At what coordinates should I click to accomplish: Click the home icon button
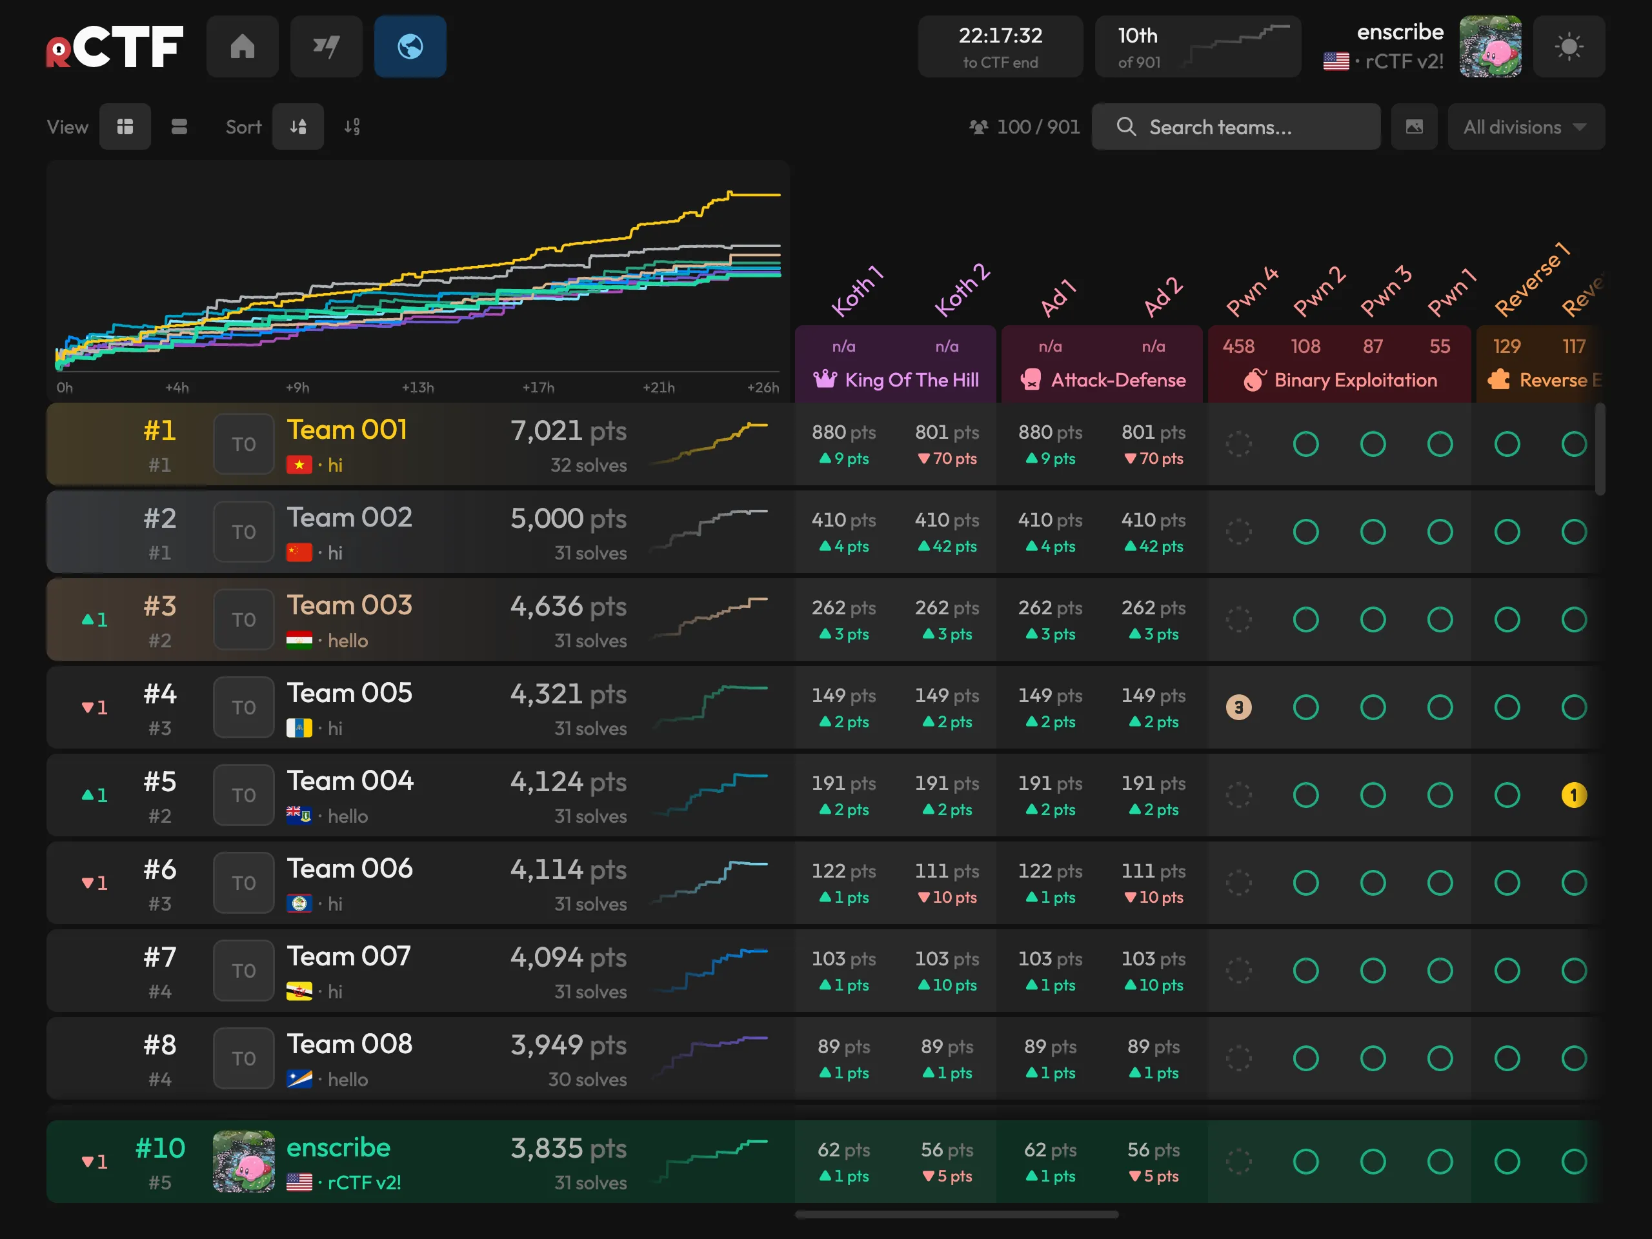(x=242, y=46)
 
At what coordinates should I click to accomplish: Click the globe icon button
(x=410, y=46)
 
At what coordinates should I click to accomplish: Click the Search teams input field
(x=1236, y=127)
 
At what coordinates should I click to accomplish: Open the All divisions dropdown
(x=1526, y=127)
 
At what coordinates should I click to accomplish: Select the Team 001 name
(x=347, y=430)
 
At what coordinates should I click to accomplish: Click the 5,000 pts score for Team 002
(x=569, y=518)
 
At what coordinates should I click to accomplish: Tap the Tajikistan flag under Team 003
(x=299, y=641)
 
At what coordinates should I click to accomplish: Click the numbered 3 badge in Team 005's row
(x=1238, y=707)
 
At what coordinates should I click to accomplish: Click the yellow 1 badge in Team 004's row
(x=1573, y=794)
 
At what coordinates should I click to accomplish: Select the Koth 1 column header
(x=858, y=291)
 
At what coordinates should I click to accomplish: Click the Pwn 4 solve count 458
(x=1238, y=347)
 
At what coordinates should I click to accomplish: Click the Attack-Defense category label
(x=1118, y=380)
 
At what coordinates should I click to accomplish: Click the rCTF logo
(x=114, y=46)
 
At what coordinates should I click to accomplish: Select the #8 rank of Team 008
(x=160, y=1045)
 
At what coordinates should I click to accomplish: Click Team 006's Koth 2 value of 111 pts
(x=947, y=871)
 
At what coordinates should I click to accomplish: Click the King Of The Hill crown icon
(x=825, y=379)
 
